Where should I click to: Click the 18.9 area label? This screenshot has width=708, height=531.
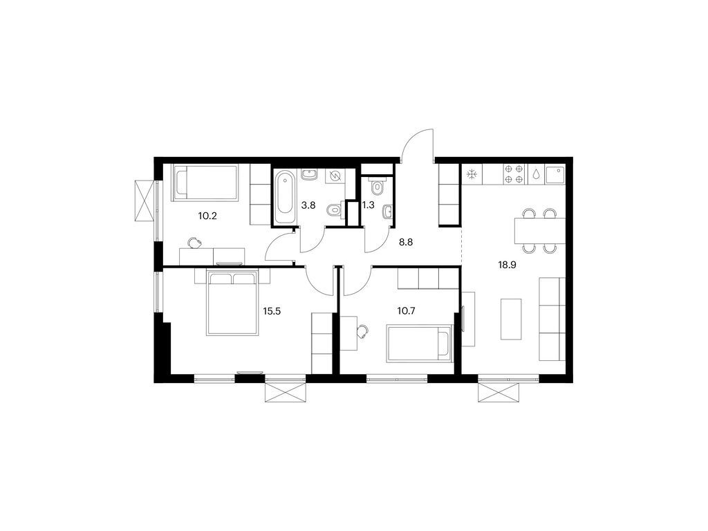[507, 265]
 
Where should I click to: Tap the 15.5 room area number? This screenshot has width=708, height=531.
[272, 310]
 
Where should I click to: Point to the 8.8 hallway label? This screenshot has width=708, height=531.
[405, 242]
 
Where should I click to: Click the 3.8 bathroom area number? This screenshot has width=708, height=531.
[308, 205]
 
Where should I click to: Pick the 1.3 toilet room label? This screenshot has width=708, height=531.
[368, 205]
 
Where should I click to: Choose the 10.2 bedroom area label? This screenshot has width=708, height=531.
[207, 216]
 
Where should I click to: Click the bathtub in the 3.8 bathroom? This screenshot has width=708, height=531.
[285, 197]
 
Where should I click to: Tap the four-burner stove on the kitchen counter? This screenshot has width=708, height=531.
[514, 174]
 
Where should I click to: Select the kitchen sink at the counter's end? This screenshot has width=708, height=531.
[555, 174]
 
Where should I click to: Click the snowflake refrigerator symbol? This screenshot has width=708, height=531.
[472, 174]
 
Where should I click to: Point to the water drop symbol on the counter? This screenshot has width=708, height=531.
[536, 174]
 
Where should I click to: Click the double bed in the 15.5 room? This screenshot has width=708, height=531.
[233, 303]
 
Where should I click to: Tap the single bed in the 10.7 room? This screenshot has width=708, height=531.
[419, 344]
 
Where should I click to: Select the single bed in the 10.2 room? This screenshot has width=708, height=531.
[204, 183]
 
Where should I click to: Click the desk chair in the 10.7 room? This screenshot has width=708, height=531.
[362, 332]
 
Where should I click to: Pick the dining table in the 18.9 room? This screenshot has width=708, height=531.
[540, 231]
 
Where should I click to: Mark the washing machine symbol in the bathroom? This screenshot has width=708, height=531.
[335, 176]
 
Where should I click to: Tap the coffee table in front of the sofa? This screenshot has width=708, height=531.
[511, 319]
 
